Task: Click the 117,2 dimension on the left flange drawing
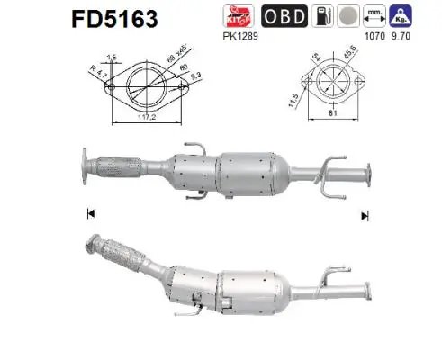point(143,117)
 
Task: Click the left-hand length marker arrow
point(90,213)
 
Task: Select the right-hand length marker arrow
point(365,215)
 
